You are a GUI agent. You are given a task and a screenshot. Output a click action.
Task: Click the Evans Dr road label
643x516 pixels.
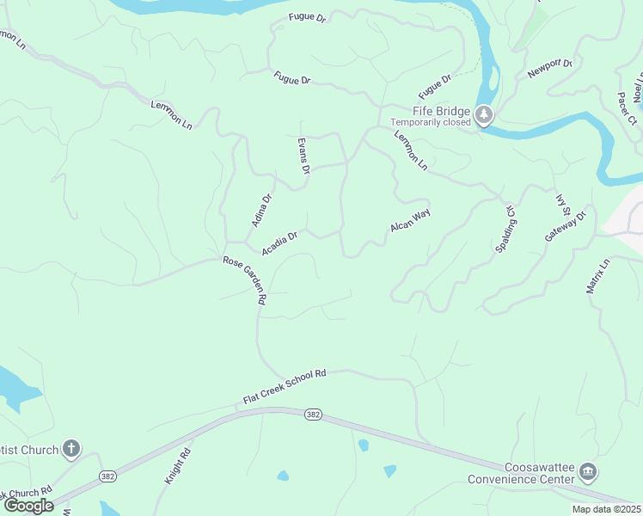tap(303, 156)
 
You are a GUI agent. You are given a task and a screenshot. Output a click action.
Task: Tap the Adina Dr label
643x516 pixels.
tap(261, 210)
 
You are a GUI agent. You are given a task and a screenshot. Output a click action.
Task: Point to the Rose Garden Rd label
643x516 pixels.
tap(246, 280)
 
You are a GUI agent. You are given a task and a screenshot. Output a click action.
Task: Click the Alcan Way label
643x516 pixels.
tap(410, 220)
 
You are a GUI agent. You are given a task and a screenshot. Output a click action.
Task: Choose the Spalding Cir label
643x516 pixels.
tap(506, 228)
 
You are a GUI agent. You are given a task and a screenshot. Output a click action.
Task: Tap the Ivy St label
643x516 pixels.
tap(563, 206)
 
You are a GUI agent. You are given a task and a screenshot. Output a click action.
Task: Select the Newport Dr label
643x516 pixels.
tap(550, 69)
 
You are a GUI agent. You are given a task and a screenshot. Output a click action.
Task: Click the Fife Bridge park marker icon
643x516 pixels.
tap(484, 115)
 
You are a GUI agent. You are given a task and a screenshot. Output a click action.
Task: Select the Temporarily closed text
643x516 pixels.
tap(431, 122)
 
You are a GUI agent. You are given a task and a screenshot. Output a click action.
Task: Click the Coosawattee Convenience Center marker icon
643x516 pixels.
tap(588, 471)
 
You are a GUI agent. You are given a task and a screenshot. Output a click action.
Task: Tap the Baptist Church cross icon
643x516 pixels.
tap(71, 448)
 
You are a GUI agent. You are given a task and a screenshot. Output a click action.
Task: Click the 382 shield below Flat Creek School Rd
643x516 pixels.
tap(313, 415)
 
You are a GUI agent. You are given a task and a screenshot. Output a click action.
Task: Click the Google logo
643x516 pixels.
tap(28, 506)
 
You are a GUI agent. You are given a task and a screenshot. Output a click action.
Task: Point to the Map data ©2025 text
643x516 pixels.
tap(606, 509)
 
